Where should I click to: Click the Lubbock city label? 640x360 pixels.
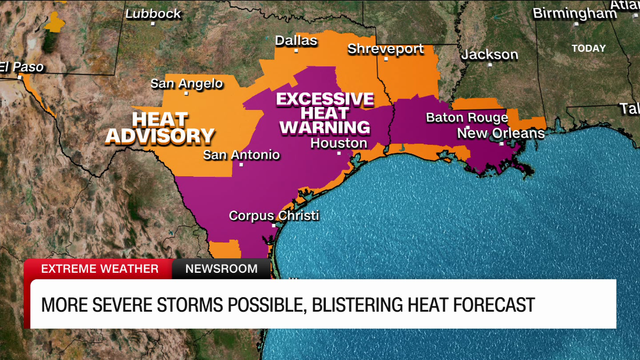click(x=153, y=14)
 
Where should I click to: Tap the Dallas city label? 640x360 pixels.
click(x=296, y=40)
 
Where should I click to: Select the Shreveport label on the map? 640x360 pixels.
click(x=386, y=49)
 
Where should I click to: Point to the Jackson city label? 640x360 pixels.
click(x=489, y=55)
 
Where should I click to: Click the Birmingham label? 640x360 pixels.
click(x=575, y=13)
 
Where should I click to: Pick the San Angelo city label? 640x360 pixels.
click(x=187, y=83)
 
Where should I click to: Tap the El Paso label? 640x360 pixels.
click(x=22, y=67)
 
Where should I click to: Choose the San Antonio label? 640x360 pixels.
click(x=241, y=155)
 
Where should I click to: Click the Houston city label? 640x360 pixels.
click(x=339, y=143)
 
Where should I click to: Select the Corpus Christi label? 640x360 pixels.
click(x=274, y=215)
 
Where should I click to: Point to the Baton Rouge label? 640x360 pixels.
click(x=467, y=117)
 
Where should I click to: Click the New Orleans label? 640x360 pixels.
click(x=500, y=133)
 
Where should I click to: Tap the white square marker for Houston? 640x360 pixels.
click(x=339, y=154)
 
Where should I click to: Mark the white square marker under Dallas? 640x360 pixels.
click(x=296, y=51)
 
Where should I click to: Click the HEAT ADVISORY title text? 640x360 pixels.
click(x=159, y=128)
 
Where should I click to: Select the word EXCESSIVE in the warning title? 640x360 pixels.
click(x=325, y=99)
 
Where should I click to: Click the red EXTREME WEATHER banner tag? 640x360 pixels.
click(x=99, y=269)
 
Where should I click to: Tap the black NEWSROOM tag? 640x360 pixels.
click(x=221, y=269)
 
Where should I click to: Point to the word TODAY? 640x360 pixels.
click(x=588, y=48)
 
